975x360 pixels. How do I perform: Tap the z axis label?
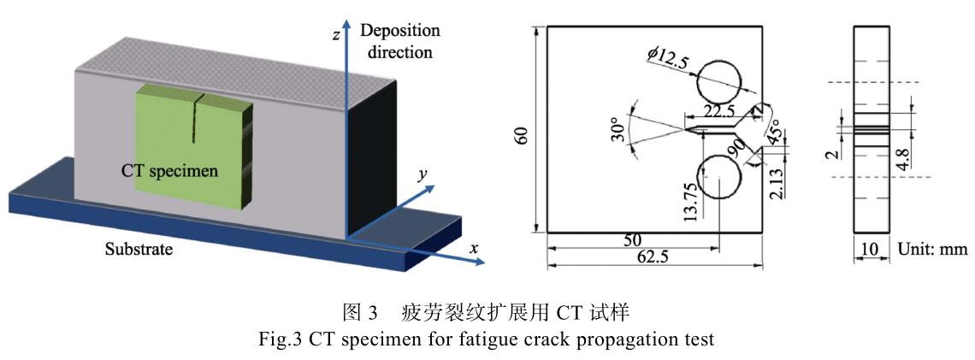338,37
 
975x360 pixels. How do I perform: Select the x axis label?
474,249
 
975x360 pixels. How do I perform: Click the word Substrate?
139,251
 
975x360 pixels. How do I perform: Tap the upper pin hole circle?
720,84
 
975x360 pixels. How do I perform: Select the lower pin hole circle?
720,179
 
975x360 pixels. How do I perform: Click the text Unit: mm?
932,250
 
